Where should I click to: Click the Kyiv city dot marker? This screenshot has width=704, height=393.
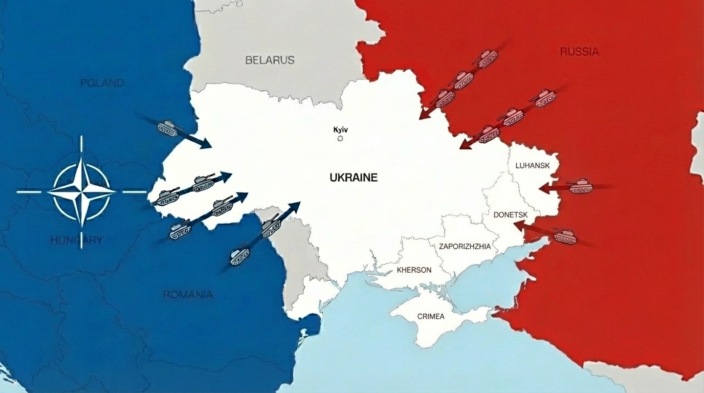click(340, 138)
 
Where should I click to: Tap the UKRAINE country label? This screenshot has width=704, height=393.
click(354, 178)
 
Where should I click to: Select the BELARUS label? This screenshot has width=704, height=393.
click(270, 60)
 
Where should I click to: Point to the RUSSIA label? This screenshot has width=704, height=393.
click(579, 51)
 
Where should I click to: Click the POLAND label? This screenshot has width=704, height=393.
click(102, 82)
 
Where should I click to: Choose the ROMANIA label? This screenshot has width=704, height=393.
click(188, 295)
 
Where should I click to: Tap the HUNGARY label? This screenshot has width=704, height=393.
click(76, 240)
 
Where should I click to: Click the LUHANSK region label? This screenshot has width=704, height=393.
click(532, 165)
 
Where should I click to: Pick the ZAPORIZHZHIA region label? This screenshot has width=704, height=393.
click(465, 246)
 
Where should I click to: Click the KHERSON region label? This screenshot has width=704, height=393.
click(414, 270)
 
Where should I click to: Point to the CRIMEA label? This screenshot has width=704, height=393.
click(431, 316)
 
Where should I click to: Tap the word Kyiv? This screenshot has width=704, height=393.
click(340, 129)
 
